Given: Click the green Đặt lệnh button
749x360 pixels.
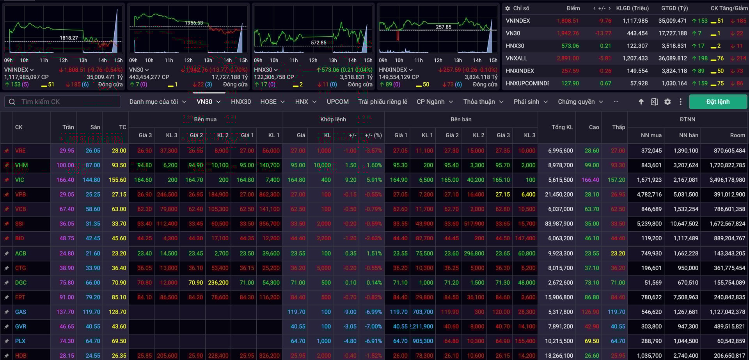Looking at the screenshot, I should tap(718, 102).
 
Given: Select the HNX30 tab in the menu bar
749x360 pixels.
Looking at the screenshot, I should tap(241, 102).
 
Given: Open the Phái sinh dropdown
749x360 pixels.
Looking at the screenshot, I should tap(531, 102).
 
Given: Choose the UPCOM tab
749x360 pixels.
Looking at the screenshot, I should tap(337, 102).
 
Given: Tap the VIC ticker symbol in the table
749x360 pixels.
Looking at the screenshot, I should tap(20, 180).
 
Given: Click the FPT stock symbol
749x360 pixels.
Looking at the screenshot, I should tap(20, 297).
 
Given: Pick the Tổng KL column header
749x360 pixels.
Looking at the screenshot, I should tap(562, 127).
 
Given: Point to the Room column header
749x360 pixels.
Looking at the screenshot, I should tap(737, 135).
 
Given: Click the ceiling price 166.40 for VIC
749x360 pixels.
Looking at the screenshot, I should tap(65, 180).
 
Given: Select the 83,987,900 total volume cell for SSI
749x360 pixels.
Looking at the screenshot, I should tap(559, 224).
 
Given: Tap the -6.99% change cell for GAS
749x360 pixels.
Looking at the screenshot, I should tap(373, 312).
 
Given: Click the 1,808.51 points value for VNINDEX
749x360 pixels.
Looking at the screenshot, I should tap(568, 21).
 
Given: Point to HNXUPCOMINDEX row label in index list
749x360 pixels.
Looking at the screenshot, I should tap(527, 83).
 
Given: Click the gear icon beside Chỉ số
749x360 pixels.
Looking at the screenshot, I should tap(508, 8).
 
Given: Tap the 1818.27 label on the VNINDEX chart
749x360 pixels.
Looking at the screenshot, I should tap(69, 38).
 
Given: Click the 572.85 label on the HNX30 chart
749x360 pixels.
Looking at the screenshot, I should tap(318, 43).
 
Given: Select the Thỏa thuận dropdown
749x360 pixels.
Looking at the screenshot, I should tap(483, 102).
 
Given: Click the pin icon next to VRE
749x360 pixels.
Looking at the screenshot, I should tap(7, 151).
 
